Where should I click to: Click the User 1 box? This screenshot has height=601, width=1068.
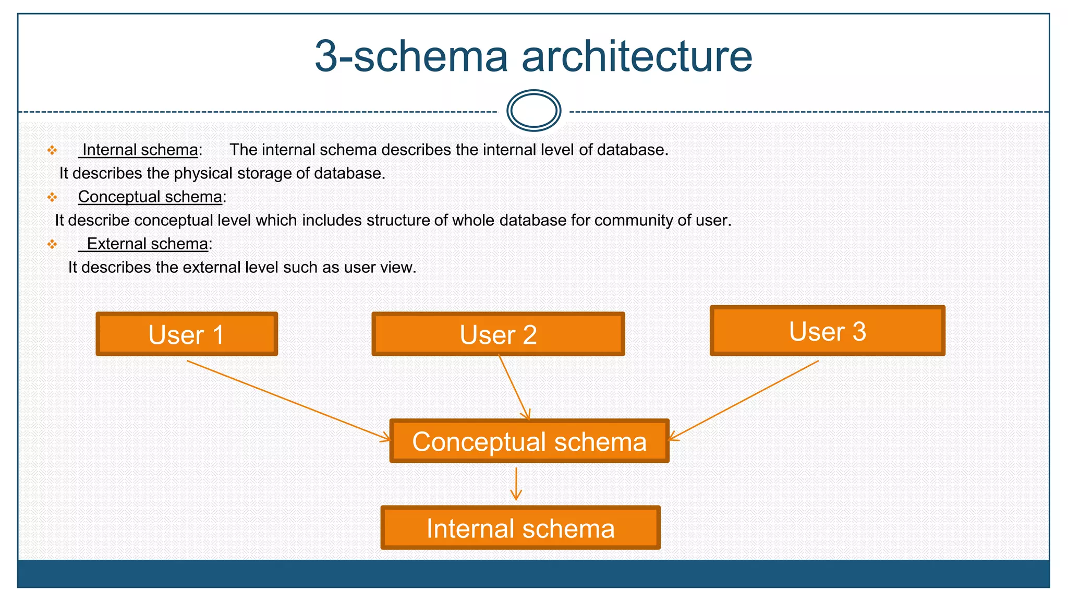(187, 334)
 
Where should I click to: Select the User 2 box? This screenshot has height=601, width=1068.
(498, 334)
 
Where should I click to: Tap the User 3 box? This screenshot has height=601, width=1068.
(827, 331)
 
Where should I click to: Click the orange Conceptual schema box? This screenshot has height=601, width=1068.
(529, 441)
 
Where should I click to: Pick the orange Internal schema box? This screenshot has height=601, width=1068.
(520, 528)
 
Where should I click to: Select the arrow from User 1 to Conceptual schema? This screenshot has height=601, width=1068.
(287, 400)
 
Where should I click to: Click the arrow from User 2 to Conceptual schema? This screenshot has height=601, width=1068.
(514, 387)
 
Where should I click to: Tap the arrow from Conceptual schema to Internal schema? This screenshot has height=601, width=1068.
(516, 484)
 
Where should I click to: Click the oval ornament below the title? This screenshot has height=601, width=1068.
(533, 111)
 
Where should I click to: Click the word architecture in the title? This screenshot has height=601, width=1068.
(637, 56)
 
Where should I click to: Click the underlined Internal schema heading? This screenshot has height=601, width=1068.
(140, 150)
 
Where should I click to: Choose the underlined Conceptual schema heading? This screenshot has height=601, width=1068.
(150, 197)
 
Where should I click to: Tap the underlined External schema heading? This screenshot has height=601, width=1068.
(147, 244)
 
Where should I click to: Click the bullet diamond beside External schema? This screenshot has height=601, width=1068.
(52, 244)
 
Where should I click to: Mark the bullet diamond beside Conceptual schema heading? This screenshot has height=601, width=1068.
(52, 197)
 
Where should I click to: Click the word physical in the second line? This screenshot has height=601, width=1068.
(203, 174)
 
